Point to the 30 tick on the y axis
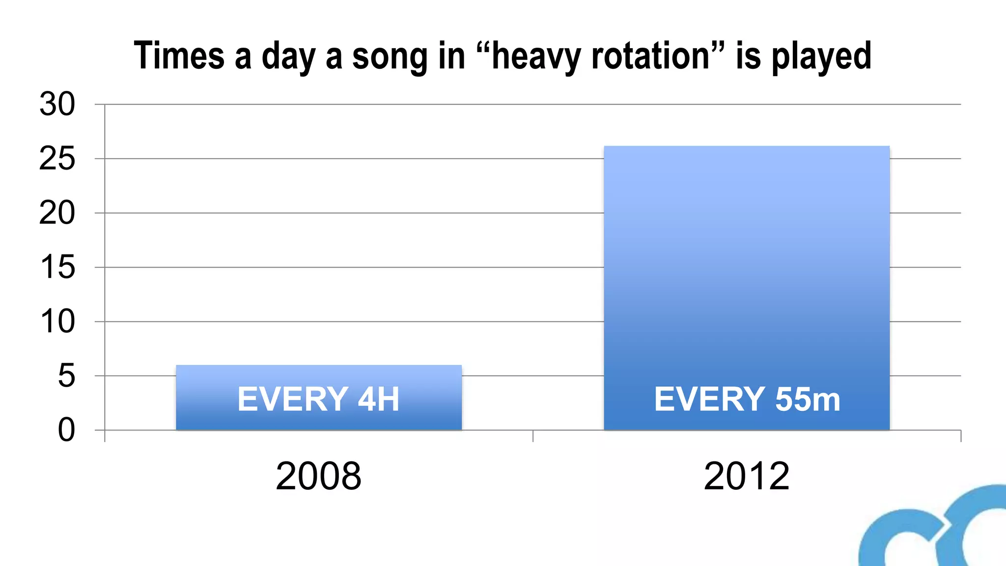(x=57, y=104)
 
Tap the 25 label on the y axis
(x=57, y=159)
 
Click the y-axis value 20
(x=57, y=213)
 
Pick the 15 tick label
(x=57, y=267)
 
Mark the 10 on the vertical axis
(x=57, y=322)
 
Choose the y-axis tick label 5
(x=66, y=376)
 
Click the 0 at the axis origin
(x=66, y=430)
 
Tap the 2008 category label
(x=318, y=476)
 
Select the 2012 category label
(x=746, y=476)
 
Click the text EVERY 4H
(x=318, y=399)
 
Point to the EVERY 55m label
(x=747, y=399)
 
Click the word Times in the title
(x=179, y=56)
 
